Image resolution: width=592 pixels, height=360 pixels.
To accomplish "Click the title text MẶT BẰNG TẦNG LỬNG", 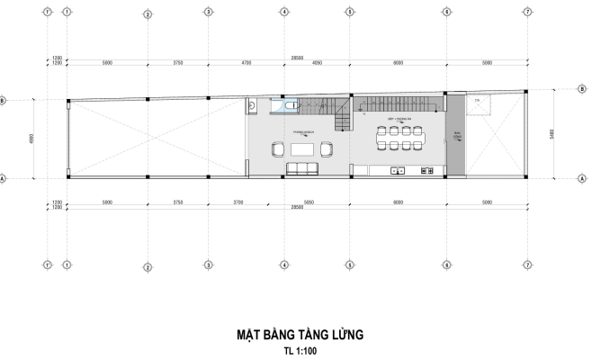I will (x=296, y=335).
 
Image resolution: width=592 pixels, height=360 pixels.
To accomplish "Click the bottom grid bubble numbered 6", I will (x=447, y=265).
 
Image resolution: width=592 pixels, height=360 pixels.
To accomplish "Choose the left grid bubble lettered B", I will (x=5, y=101).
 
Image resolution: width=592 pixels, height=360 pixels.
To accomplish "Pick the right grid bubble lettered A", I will (x=558, y=179).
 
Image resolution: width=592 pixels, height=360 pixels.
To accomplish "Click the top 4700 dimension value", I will (x=245, y=64).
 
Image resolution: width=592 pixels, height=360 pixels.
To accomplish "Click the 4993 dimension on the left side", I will (x=32, y=139).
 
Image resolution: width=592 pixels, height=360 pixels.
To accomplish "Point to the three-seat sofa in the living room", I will (x=300, y=167).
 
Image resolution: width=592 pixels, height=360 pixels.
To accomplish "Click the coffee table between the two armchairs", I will (x=301, y=148).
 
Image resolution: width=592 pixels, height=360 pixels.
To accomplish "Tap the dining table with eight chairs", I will (x=400, y=139).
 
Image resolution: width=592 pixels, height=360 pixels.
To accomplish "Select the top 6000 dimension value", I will (x=397, y=64).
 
